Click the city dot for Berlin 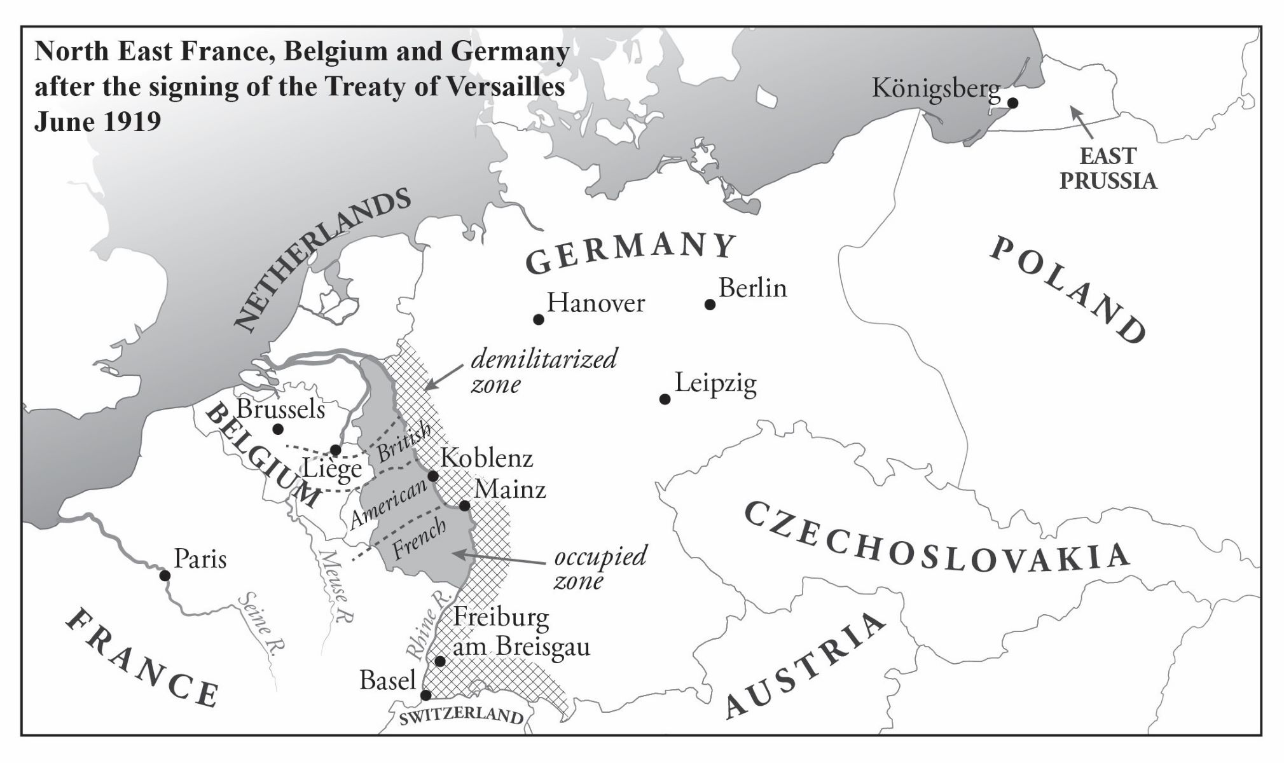pyautogui.click(x=710, y=305)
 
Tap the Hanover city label pyautogui.click(x=595, y=303)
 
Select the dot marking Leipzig pyautogui.click(x=665, y=399)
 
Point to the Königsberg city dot pyautogui.click(x=1012, y=102)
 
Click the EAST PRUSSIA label pyautogui.click(x=1107, y=168)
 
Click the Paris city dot pyautogui.click(x=165, y=575)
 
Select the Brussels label pyautogui.click(x=280, y=409)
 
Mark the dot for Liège pyautogui.click(x=336, y=451)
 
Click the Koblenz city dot pyautogui.click(x=433, y=476)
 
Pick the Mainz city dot pyautogui.click(x=465, y=505)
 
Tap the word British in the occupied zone pyautogui.click(x=404, y=441)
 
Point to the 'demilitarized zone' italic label pyautogui.click(x=542, y=371)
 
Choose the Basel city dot pyautogui.click(x=425, y=695)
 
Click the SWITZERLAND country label pyautogui.click(x=460, y=715)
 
